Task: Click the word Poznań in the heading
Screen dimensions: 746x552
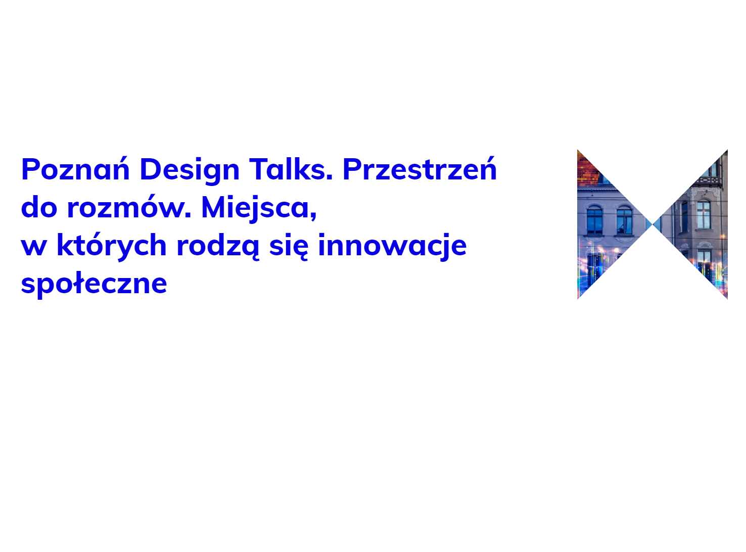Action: tap(75, 168)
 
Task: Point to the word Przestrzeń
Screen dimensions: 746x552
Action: tap(419, 168)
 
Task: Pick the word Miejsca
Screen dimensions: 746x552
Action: tap(257, 208)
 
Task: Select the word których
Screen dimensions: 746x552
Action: tap(112, 246)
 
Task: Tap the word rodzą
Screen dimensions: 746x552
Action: tap(218, 246)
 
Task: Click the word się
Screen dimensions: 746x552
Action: tap(289, 246)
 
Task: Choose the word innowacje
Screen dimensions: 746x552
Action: tap(392, 246)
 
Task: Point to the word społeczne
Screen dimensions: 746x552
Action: tap(94, 284)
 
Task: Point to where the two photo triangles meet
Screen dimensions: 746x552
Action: tap(652, 224)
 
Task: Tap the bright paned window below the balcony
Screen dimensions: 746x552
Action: tap(703, 214)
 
